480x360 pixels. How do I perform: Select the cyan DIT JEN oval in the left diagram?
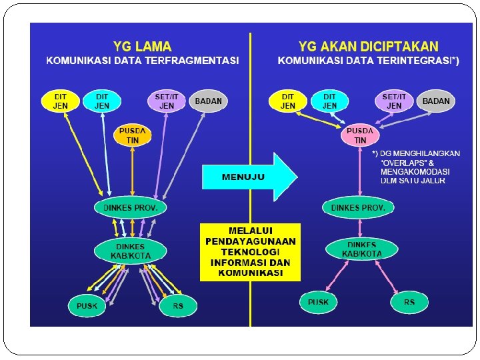101,101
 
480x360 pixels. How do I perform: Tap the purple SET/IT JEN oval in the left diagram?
167,101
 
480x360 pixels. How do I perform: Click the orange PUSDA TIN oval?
133,135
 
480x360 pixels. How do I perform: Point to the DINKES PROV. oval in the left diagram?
131,207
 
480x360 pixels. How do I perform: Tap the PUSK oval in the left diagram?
87,306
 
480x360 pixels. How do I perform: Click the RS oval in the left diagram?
178,306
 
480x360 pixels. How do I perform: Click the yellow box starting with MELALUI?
250,252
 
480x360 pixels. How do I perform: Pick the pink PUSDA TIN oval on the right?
360,135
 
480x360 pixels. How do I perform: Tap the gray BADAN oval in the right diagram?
436,101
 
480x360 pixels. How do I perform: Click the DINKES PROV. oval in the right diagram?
358,207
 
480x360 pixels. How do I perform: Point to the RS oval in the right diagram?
409,302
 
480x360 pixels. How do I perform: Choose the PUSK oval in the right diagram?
319,302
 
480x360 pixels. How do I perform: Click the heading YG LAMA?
142,47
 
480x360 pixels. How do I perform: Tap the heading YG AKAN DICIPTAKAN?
369,47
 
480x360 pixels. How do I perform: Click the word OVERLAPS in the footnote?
403,162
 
